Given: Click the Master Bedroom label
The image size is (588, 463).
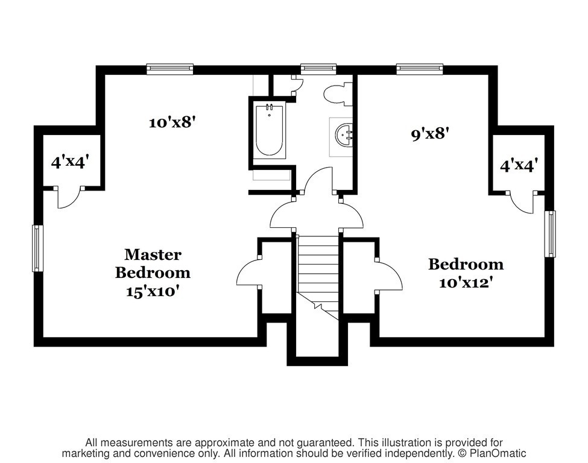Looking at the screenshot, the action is (x=153, y=263).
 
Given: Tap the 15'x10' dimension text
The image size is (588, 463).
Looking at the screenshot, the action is (x=151, y=292).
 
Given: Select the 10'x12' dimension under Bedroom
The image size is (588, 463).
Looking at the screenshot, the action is (x=466, y=283).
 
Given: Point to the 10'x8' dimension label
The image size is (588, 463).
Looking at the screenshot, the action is (x=173, y=122).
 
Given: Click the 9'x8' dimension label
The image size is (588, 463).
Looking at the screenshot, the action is (x=430, y=133).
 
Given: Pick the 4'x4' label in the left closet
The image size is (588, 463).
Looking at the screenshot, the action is (x=70, y=162).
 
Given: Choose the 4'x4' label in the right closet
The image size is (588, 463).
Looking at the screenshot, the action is (x=519, y=165).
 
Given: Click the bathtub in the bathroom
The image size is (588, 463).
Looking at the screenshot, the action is (x=269, y=130).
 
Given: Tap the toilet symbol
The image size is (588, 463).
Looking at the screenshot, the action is (x=338, y=94).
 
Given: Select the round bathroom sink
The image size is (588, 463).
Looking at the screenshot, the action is (x=344, y=136).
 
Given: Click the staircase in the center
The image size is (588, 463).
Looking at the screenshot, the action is (x=318, y=277).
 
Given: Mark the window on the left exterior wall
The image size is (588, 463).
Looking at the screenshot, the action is (x=36, y=248).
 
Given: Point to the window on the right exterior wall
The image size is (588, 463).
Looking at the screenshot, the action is (x=550, y=234).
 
